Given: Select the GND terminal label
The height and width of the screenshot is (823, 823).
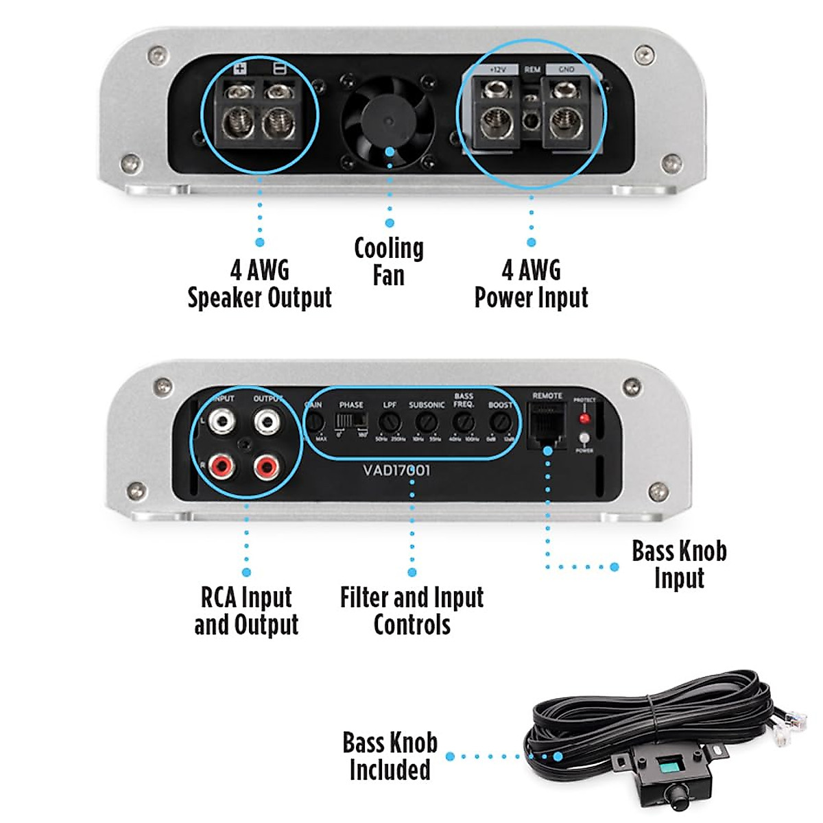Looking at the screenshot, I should (x=566, y=69).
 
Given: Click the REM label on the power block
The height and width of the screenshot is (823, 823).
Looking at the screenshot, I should (x=532, y=69).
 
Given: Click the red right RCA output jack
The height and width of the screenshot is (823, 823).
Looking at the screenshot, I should (x=266, y=468).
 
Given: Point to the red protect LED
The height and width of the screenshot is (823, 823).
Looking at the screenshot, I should (x=584, y=418).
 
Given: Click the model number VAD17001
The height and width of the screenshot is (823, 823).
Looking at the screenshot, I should (x=396, y=470).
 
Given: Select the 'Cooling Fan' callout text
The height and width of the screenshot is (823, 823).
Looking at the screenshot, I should (x=389, y=261).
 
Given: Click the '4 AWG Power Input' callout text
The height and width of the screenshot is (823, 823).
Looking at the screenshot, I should (x=532, y=284).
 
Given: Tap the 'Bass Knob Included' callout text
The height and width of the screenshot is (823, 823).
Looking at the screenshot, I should (x=390, y=756).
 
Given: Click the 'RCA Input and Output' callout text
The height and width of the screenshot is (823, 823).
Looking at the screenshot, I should (x=246, y=610).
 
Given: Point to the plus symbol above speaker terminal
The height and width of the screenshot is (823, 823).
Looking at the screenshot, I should (x=239, y=69).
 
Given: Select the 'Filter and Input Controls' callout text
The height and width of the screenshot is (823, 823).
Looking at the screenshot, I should (x=411, y=610).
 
